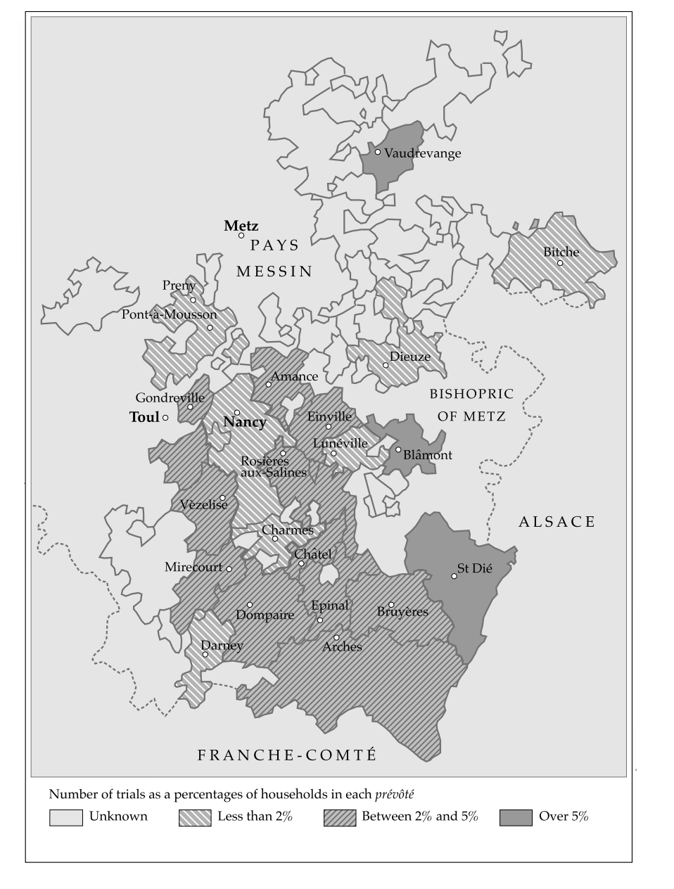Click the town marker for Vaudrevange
(378, 152)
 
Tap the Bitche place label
(561, 252)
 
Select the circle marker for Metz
(241, 236)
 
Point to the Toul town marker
(165, 418)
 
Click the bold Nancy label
(244, 423)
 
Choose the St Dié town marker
(454, 576)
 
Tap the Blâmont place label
(427, 455)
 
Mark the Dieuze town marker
(386, 365)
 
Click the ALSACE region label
(557, 522)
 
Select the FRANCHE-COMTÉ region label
(287, 755)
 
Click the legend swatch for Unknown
(65, 817)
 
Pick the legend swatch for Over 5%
(516, 817)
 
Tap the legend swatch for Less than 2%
(195, 817)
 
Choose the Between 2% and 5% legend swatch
(340, 817)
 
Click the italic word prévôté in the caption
(394, 795)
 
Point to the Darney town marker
(205, 654)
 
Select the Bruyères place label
(402, 612)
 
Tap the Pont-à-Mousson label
(169, 314)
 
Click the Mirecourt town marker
(229, 568)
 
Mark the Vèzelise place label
(203, 505)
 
